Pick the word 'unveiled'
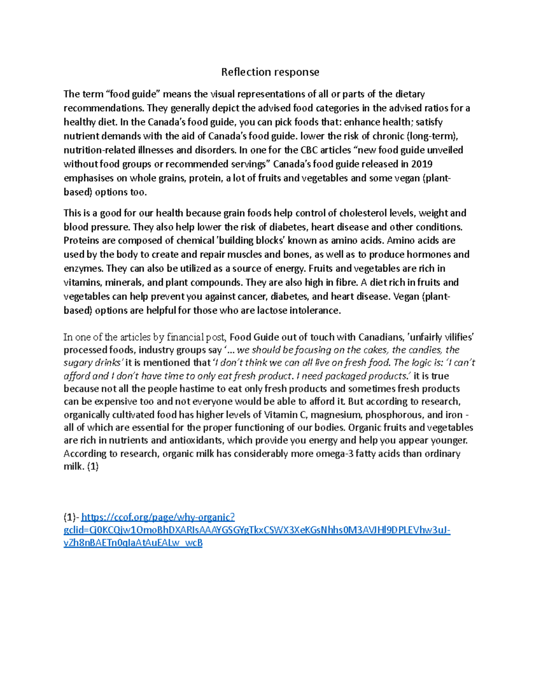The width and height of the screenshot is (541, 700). click(445, 150)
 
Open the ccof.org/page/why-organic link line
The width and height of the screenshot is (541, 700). click(158, 517)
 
